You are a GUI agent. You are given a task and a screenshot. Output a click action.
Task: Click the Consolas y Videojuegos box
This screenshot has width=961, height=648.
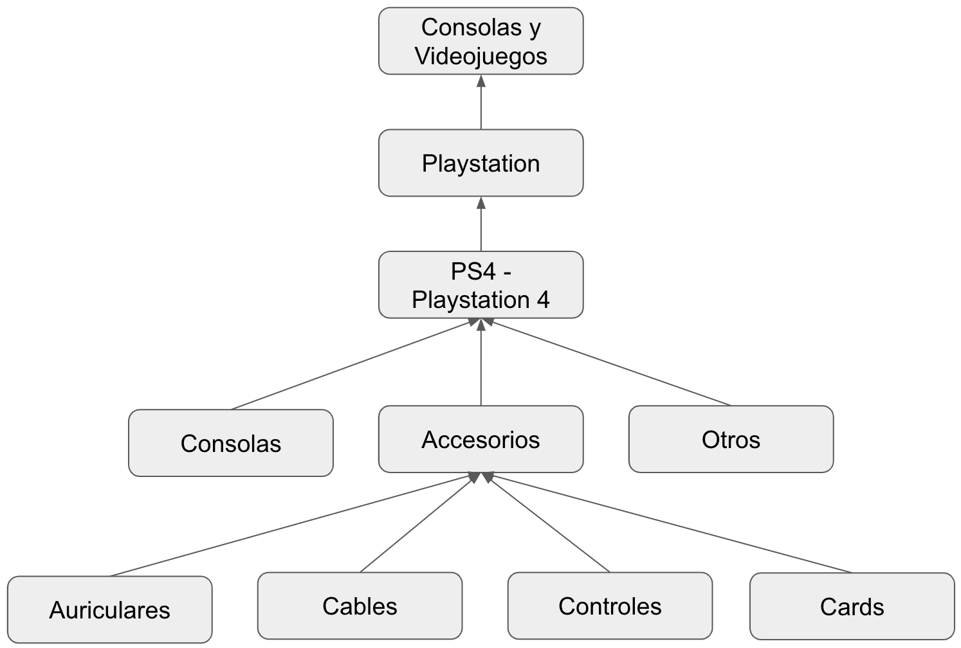tap(480, 41)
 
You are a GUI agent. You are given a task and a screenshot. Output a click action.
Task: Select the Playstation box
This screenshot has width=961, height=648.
tap(480, 163)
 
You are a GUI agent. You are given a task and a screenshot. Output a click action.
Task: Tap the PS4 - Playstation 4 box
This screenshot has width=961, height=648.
tap(480, 285)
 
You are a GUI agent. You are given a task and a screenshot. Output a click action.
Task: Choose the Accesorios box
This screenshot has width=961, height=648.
tap(480, 440)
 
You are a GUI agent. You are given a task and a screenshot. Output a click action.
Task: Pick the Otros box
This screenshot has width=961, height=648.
tap(731, 440)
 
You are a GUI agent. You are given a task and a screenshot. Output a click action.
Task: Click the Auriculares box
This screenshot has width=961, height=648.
tap(109, 609)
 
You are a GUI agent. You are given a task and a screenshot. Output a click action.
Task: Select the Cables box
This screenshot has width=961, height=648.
tap(360, 606)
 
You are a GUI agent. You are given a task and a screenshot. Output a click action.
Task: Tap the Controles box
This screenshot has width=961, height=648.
tap(610, 606)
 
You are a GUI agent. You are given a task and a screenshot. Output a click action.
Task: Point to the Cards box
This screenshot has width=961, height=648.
tap(852, 607)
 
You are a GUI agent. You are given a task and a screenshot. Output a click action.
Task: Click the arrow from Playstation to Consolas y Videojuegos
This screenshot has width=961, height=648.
tap(480, 103)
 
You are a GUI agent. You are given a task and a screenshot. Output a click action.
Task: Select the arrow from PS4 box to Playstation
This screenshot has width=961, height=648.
tap(480, 225)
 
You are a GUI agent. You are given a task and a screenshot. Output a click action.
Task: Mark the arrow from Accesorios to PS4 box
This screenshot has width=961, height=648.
tap(480, 363)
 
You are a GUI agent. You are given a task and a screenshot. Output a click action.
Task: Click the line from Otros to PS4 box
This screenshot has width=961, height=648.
tap(611, 364)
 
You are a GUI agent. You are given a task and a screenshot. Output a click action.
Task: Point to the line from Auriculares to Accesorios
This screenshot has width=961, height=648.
tap(289, 526)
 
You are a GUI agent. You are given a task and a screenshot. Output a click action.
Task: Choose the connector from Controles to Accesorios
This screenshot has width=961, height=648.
tap(550, 523)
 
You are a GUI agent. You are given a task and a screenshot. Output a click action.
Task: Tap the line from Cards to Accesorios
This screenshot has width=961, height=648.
tap(669, 524)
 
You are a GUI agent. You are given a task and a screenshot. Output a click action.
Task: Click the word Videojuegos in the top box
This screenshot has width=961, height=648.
tap(480, 56)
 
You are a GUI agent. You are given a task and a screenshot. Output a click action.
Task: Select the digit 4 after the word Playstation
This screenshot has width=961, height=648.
tap(543, 300)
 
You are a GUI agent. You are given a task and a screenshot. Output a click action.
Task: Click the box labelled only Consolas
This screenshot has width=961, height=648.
tap(230, 444)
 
